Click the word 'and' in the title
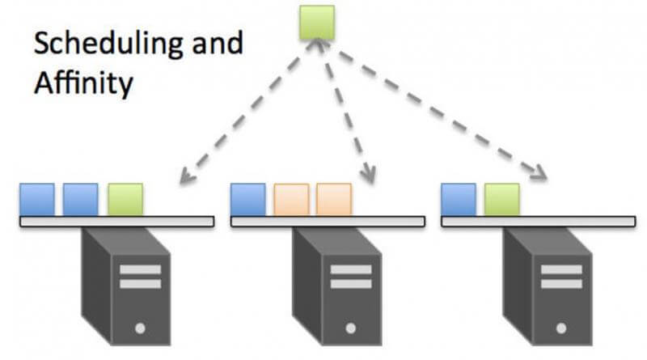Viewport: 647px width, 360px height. (x=214, y=44)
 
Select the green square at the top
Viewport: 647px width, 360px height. (x=317, y=23)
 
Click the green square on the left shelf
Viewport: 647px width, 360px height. (x=125, y=199)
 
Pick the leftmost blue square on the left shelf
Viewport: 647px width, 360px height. (x=37, y=199)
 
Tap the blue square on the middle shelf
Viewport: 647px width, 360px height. (x=247, y=199)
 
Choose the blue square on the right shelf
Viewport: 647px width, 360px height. (x=459, y=199)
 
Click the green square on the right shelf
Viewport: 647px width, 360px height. (x=502, y=199)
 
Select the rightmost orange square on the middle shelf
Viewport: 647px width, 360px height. (x=334, y=199)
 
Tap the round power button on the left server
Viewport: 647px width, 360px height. (x=140, y=328)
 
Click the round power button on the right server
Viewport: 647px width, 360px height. (x=561, y=328)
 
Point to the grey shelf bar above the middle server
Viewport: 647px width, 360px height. (x=328, y=221)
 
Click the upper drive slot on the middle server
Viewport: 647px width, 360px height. (x=350, y=269)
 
